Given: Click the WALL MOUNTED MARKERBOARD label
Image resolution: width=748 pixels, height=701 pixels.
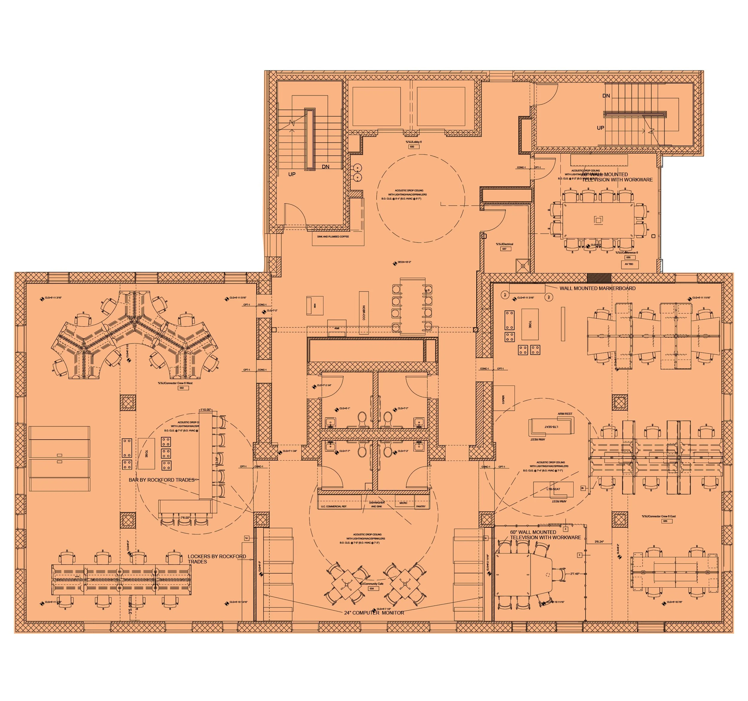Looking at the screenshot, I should click(597, 289).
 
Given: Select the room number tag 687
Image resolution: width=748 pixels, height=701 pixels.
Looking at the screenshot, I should click(504, 249).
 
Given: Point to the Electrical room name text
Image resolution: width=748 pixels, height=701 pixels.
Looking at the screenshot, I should click(504, 244).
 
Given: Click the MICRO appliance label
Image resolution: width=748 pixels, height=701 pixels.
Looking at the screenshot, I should click(403, 503).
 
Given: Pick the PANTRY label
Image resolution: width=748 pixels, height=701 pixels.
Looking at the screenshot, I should click(421, 507).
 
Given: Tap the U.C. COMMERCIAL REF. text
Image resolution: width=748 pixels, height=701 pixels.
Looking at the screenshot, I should click(334, 507).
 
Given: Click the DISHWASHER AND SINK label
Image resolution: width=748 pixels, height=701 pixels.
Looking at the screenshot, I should click(377, 504).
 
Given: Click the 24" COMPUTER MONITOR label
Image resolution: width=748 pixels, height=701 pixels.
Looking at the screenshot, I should click(374, 612).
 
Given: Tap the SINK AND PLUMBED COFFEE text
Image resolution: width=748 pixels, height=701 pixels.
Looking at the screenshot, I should click(333, 237).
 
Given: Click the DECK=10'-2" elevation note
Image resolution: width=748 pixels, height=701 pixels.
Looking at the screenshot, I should click(404, 262).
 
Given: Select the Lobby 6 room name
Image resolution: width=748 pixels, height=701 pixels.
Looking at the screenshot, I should click(413, 142).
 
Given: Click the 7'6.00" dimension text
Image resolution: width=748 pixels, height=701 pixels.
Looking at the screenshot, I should click(185, 518).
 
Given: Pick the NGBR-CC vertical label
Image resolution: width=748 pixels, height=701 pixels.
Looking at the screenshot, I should click(364, 313).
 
